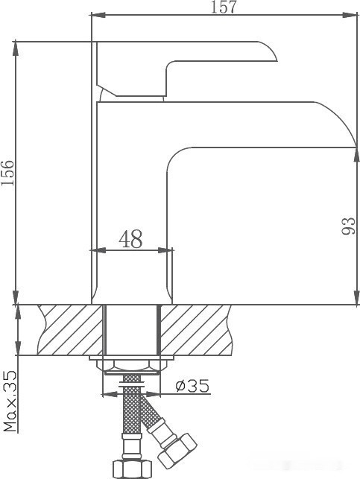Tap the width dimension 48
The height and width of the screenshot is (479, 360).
click(x=130, y=238)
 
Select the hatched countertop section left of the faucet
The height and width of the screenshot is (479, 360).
click(x=68, y=330)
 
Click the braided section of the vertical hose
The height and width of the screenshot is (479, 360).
click(x=131, y=417)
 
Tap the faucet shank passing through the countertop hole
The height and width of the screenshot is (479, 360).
click(x=131, y=330)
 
